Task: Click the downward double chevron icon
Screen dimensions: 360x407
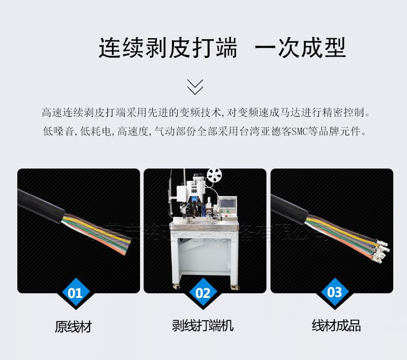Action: click(x=195, y=87)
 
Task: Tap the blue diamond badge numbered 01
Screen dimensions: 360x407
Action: click(x=75, y=293)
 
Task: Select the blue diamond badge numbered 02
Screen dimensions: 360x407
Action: click(x=202, y=293)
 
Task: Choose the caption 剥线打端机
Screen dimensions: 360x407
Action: click(x=203, y=326)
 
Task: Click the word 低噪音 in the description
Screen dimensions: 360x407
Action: click(x=59, y=131)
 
